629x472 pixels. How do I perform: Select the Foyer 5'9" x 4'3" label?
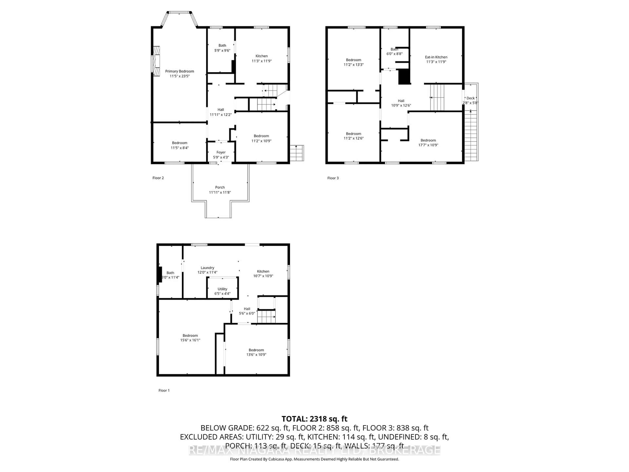tap(221, 155)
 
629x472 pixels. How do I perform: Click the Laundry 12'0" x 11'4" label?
tap(207, 270)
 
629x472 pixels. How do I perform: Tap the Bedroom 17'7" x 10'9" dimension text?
tap(428, 145)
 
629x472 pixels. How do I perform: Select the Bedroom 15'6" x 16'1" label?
tap(190, 338)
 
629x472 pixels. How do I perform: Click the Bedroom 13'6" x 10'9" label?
tap(256, 352)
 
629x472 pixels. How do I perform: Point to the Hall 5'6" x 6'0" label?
tap(247, 311)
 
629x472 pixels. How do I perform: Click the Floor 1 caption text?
tap(164, 390)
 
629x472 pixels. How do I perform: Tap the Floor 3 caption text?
tap(333, 178)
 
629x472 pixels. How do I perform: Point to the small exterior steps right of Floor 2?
tap(297, 153)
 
